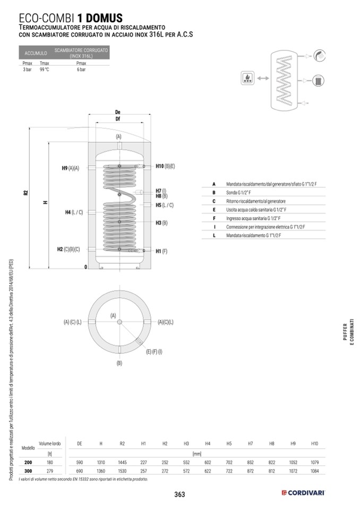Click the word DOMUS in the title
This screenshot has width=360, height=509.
(105, 18)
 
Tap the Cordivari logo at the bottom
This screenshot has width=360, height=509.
(303, 493)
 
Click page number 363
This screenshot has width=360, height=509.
(179, 494)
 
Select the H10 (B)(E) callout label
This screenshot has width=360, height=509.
(165, 166)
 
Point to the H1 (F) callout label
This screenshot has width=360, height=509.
(161, 251)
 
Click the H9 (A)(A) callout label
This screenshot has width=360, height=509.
(71, 168)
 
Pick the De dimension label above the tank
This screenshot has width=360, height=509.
(118, 113)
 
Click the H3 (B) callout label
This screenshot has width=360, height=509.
(161, 223)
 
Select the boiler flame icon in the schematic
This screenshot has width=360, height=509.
(248, 78)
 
